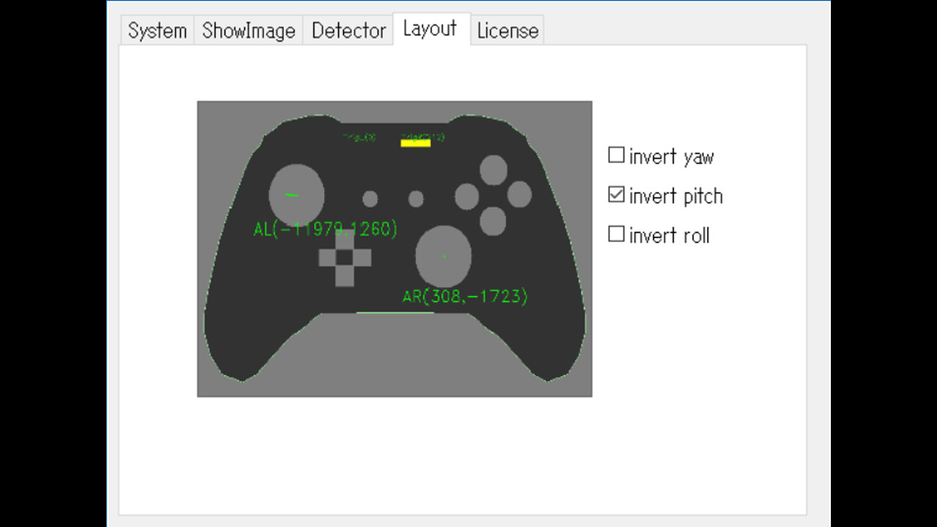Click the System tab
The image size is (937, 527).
tap(157, 31)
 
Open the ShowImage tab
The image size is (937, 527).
tap(248, 31)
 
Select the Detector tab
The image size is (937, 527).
tap(348, 31)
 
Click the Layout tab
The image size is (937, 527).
tap(430, 29)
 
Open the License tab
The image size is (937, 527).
tap(507, 31)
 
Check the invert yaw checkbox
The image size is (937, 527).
tap(616, 155)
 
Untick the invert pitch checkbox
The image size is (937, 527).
tap(616, 195)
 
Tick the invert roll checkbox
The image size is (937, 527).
tap(616, 234)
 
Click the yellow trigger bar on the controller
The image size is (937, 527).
tap(415, 143)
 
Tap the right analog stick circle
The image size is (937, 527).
tap(443, 256)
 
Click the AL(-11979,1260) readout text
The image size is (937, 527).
tap(325, 229)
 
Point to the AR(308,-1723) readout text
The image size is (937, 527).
tap(465, 296)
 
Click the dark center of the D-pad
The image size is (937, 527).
tap(345, 258)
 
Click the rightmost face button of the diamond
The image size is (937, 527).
tap(519, 195)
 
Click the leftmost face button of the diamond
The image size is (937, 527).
tap(466, 196)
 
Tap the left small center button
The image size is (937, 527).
tap(370, 199)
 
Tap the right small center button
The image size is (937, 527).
tap(416, 199)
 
